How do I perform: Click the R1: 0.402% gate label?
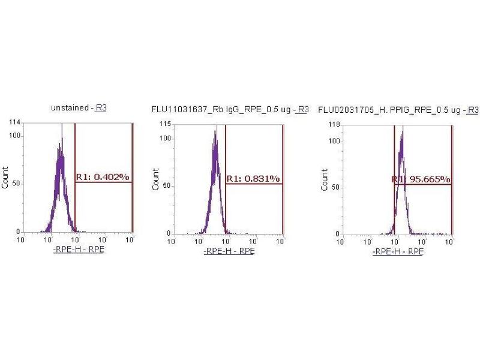[102, 177]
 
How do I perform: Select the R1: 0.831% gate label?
[253, 179]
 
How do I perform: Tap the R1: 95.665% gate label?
[421, 179]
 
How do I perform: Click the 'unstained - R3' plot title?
[79, 108]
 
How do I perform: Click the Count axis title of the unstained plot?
[6, 178]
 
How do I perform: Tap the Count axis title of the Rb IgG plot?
[156, 179]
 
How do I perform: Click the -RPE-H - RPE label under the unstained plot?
[78, 249]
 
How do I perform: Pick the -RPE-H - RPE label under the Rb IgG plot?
[229, 250]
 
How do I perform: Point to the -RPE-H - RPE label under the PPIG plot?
[397, 251]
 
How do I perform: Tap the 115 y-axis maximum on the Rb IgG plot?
[164, 124]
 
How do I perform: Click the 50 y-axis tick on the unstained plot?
[16, 182]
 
